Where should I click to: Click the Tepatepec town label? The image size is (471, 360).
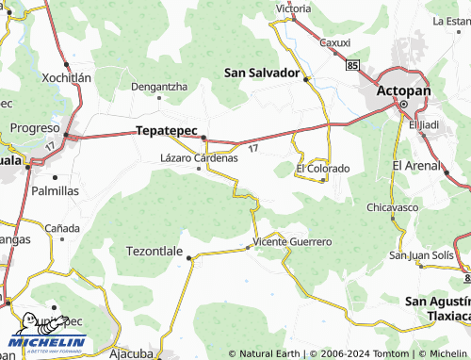pyautogui.click(x=166, y=132)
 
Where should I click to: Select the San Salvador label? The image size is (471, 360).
pyautogui.click(x=262, y=72)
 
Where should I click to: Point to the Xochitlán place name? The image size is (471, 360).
pyautogui.click(x=66, y=78)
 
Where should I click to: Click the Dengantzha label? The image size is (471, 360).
pyautogui.click(x=158, y=87)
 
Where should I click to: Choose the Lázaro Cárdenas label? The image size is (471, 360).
pyautogui.click(x=199, y=157)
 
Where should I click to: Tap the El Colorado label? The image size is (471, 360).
pyautogui.click(x=323, y=169)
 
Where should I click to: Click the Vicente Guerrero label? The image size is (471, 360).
pyautogui.click(x=293, y=242)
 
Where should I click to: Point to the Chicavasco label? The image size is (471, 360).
pyautogui.click(x=392, y=206)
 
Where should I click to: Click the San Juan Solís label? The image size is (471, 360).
pyautogui.click(x=423, y=255)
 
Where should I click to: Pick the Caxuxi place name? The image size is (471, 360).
pyautogui.click(x=334, y=42)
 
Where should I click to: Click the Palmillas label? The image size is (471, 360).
pyautogui.click(x=56, y=189)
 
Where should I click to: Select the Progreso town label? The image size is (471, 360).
pyautogui.click(x=35, y=127)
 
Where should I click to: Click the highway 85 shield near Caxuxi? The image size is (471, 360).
pyautogui.click(x=352, y=64)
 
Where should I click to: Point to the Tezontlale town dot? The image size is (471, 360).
pyautogui.click(x=189, y=256)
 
